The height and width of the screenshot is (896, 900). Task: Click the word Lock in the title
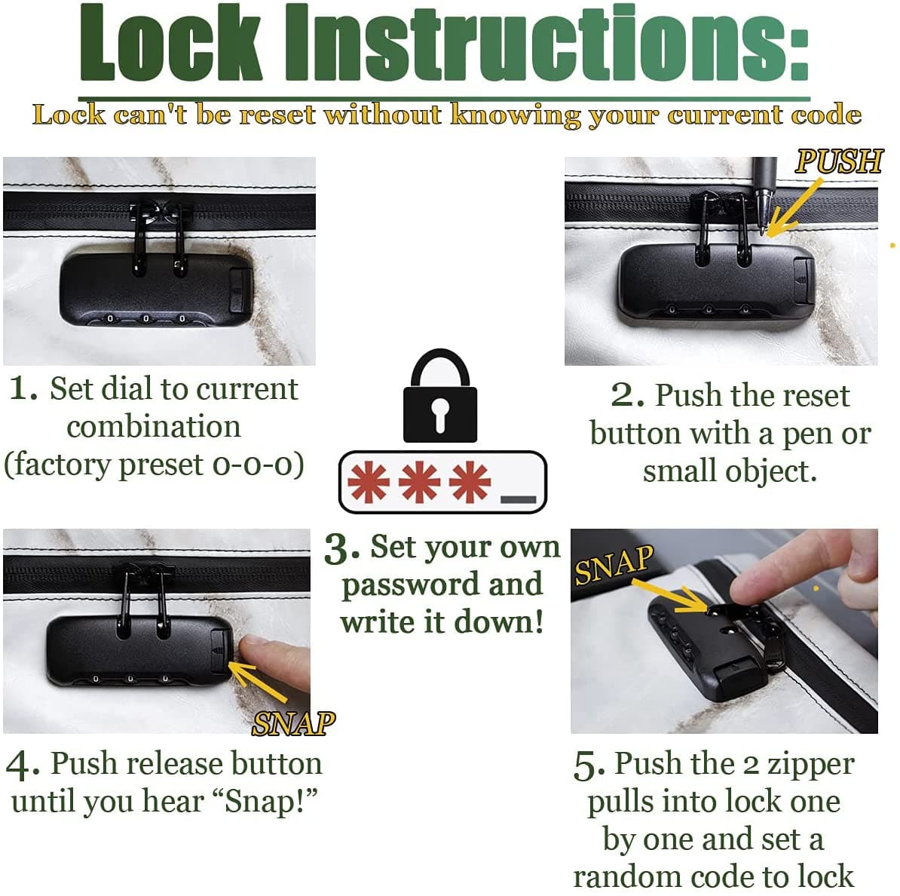click(x=170, y=42)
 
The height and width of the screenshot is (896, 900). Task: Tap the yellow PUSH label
click(x=839, y=161)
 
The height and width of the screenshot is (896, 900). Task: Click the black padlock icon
click(x=440, y=396)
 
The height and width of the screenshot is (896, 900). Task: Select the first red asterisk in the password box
click(x=368, y=482)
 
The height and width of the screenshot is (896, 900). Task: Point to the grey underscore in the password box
click(x=519, y=499)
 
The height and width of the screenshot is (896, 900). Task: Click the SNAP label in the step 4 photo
click(x=294, y=724)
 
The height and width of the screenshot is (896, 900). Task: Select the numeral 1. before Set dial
click(x=23, y=389)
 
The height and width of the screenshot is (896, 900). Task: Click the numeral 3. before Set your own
click(x=342, y=549)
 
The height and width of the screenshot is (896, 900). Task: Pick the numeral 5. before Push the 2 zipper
click(x=589, y=766)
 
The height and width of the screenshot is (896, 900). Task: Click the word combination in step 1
click(x=154, y=426)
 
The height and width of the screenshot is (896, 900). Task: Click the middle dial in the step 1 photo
click(x=145, y=318)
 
